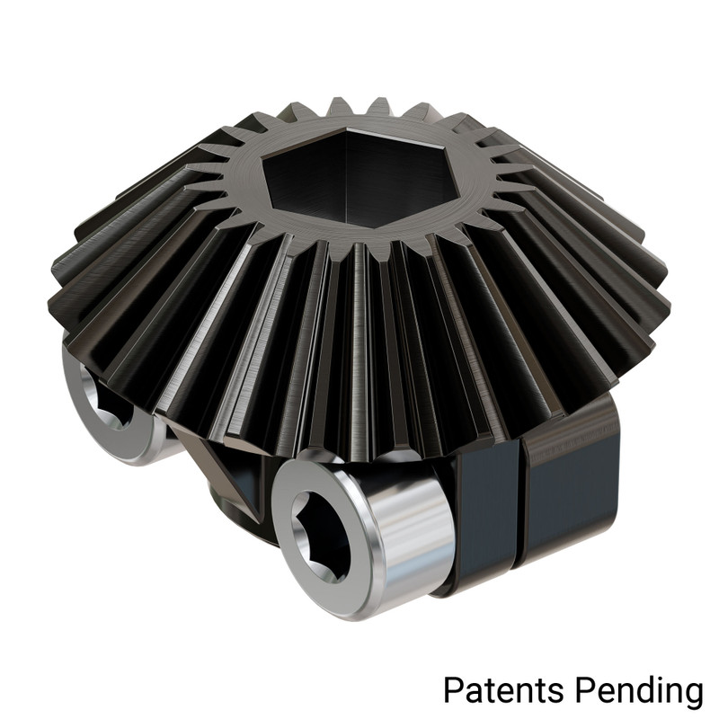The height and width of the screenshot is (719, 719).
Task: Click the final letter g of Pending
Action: [690, 694]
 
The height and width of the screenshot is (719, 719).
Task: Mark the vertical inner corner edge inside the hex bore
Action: [347, 171]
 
